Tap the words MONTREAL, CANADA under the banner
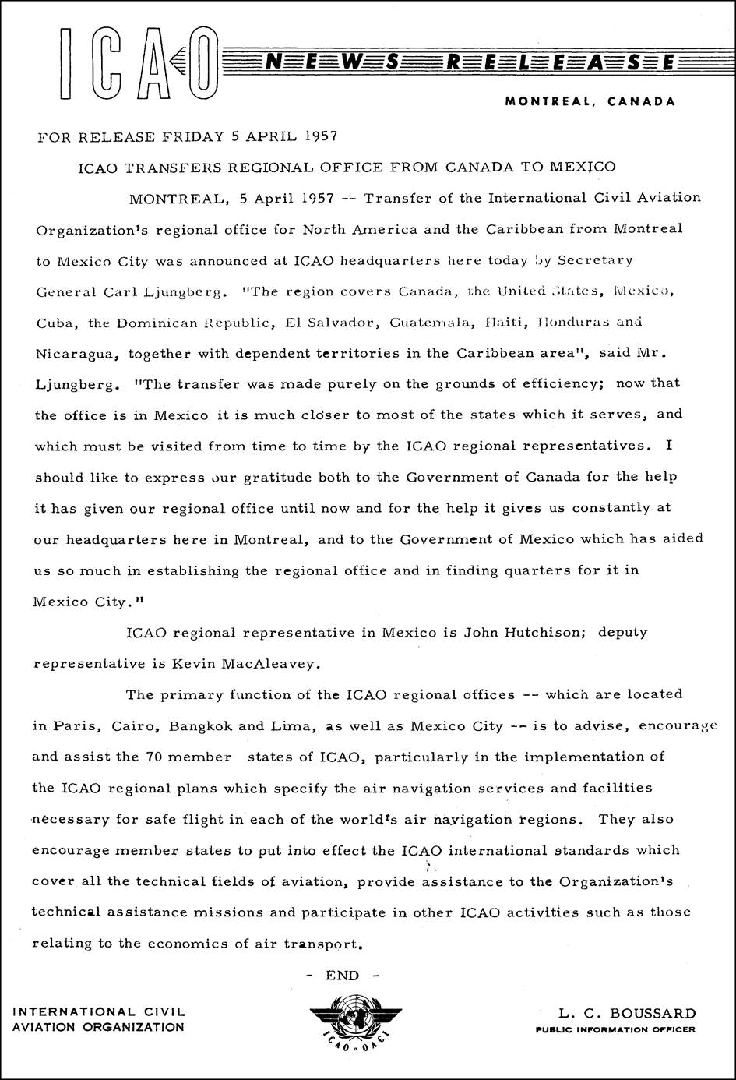pyautogui.click(x=590, y=101)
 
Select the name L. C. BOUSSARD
pyautogui.click(x=627, y=1014)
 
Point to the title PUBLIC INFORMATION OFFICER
pyautogui.click(x=615, y=1029)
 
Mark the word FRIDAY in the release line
pyautogui.click(x=193, y=137)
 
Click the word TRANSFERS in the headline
pyautogui.click(x=167, y=168)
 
